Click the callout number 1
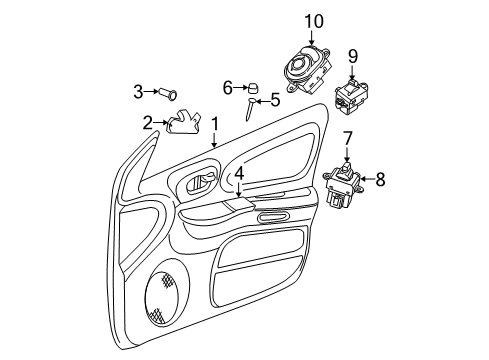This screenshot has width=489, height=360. tap(215, 123)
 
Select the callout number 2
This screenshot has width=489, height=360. tap(148, 124)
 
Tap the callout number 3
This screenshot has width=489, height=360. tap(139, 93)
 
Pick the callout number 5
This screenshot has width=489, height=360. tap(275, 100)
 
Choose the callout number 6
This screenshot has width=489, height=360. tap(228, 87)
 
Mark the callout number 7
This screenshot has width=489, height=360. tap(347, 136)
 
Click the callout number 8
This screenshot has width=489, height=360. tap(380, 180)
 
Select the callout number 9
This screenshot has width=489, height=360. tap(352, 55)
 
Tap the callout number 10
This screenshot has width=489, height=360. tap(315, 21)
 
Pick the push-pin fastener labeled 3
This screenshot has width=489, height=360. tap(170, 93)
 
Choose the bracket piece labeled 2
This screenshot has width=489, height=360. tap(180, 124)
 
